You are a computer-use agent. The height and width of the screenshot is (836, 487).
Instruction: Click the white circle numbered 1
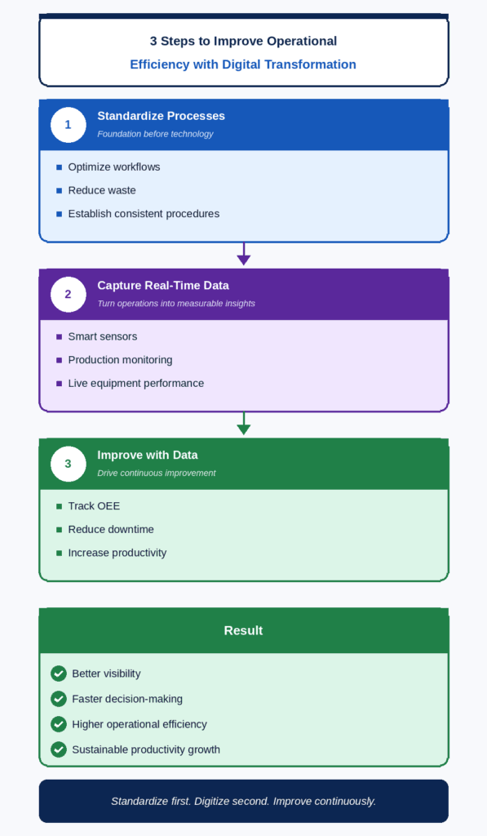point(69,125)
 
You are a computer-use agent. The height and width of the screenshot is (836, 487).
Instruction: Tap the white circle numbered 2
point(69,294)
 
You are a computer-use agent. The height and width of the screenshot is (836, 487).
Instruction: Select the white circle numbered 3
point(69,464)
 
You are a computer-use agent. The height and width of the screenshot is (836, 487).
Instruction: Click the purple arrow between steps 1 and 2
point(243,254)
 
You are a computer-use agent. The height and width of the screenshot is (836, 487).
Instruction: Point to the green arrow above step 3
point(243,424)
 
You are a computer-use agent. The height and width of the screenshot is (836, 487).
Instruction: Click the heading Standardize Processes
point(161,116)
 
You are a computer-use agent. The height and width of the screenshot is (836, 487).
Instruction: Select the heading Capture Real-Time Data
point(163,286)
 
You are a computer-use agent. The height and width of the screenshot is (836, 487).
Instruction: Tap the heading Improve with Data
point(148,456)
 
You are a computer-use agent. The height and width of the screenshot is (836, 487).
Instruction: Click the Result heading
point(243,631)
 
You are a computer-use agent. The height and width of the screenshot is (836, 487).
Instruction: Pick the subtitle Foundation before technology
point(155,135)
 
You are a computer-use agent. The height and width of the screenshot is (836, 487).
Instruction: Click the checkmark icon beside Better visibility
point(59,674)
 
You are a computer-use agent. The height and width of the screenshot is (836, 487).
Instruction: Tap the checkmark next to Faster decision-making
point(59,699)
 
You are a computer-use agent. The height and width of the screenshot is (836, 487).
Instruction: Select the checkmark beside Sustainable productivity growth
point(59,749)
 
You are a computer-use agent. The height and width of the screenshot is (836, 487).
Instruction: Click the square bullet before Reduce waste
point(60,191)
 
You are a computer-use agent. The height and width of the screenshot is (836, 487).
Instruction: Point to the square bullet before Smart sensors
point(60,337)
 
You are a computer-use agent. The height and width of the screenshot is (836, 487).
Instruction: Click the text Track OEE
point(94,506)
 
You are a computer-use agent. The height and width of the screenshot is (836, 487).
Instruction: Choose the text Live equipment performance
point(136,384)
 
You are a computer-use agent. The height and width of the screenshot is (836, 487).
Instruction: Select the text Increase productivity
point(117,553)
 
